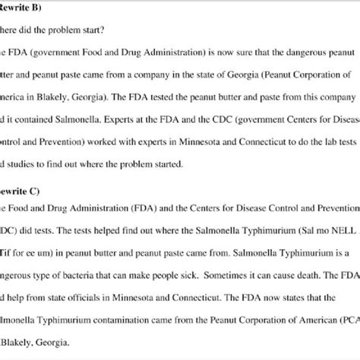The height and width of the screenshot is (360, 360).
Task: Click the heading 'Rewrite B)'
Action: (x=27, y=10)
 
